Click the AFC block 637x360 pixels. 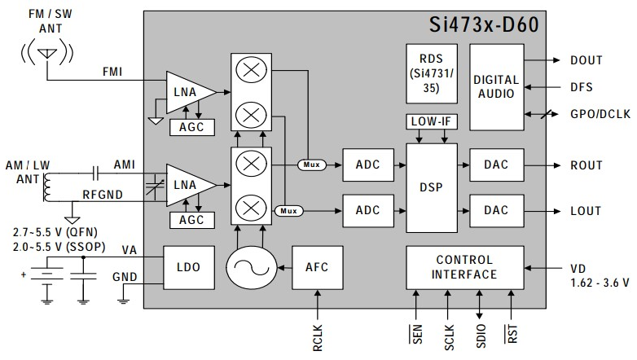click(318, 267)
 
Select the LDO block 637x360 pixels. click(189, 267)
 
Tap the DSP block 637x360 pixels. click(432, 187)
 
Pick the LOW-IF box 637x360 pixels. click(432, 121)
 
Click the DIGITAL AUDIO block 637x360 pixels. click(496, 87)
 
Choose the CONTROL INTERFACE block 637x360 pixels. click(465, 267)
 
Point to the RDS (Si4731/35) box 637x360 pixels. click(432, 73)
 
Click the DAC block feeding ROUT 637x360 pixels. click(496, 165)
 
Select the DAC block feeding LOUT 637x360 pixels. click(496, 210)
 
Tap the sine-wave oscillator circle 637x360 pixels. click(252, 268)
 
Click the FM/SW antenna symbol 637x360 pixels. click(47, 52)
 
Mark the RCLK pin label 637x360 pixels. click(318, 338)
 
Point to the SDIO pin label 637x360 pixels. click(481, 336)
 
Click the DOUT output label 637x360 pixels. click(586, 60)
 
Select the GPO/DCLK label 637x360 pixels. click(600, 114)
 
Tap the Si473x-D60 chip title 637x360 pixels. click(484, 24)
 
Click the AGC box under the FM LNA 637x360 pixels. click(191, 127)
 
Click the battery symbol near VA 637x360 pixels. click(47, 274)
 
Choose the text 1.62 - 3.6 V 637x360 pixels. click(600, 283)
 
